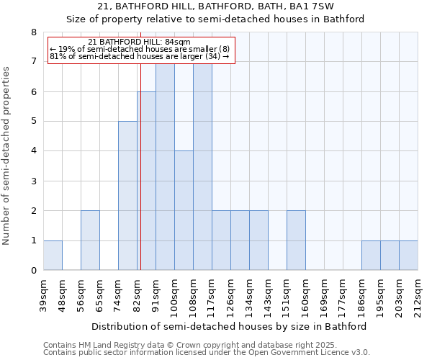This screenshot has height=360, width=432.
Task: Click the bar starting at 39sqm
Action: pos(53,256)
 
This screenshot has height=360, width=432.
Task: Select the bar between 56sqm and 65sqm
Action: pos(90,240)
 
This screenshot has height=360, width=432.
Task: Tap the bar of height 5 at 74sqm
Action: pos(127,196)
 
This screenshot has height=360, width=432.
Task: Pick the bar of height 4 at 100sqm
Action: pos(184,210)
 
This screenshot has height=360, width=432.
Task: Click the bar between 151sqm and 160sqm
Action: pos(296,240)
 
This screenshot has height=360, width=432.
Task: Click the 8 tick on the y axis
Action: pos(33,32)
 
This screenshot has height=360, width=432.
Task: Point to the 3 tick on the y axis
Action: pos(33,181)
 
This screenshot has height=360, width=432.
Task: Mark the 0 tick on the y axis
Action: pos(33,271)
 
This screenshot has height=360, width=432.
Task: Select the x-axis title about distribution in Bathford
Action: pos(230,326)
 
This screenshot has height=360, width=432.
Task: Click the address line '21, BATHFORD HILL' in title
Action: pos(215,6)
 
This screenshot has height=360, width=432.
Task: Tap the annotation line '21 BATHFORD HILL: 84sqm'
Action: pos(140,42)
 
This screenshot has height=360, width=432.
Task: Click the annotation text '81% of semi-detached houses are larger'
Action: pos(140,56)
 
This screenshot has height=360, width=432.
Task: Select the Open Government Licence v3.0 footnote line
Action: pos(207,352)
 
